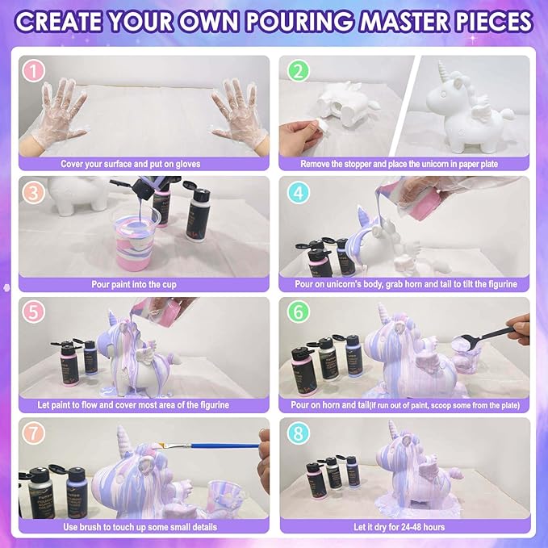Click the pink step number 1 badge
pyautogui.click(x=34, y=71)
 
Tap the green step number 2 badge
pyautogui.click(x=298, y=71)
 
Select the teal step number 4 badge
pyautogui.click(x=298, y=192)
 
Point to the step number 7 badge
pyautogui.click(x=34, y=433)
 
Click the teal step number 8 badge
pyautogui.click(x=298, y=433)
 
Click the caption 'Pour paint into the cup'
pyautogui.click(x=134, y=284)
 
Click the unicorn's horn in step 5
pyautogui.click(x=112, y=318)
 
